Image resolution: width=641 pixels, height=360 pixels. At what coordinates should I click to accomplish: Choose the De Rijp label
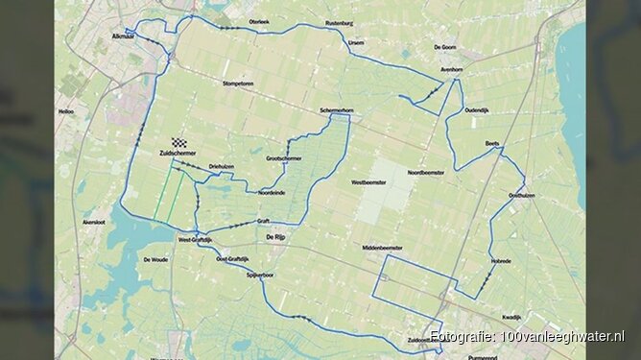pos(273,236)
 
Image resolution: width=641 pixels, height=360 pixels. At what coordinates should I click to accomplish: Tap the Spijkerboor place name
pos(260,274)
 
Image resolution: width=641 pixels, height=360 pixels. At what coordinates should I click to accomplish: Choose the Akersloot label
pos(94,220)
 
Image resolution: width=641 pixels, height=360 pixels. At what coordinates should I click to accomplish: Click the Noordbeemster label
pos(426,173)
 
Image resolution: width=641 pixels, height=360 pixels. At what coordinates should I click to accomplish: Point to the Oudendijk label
pos(481,109)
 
